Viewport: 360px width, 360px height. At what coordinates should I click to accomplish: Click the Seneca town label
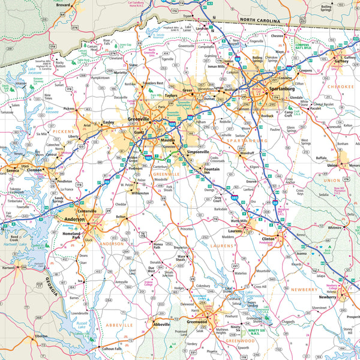(13, 170)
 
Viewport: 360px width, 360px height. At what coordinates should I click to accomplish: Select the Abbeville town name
(161, 324)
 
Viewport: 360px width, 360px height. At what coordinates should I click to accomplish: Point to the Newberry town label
(328, 297)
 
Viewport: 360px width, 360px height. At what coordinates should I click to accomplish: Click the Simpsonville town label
(198, 152)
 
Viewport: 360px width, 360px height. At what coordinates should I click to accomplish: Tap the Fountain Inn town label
(215, 170)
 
